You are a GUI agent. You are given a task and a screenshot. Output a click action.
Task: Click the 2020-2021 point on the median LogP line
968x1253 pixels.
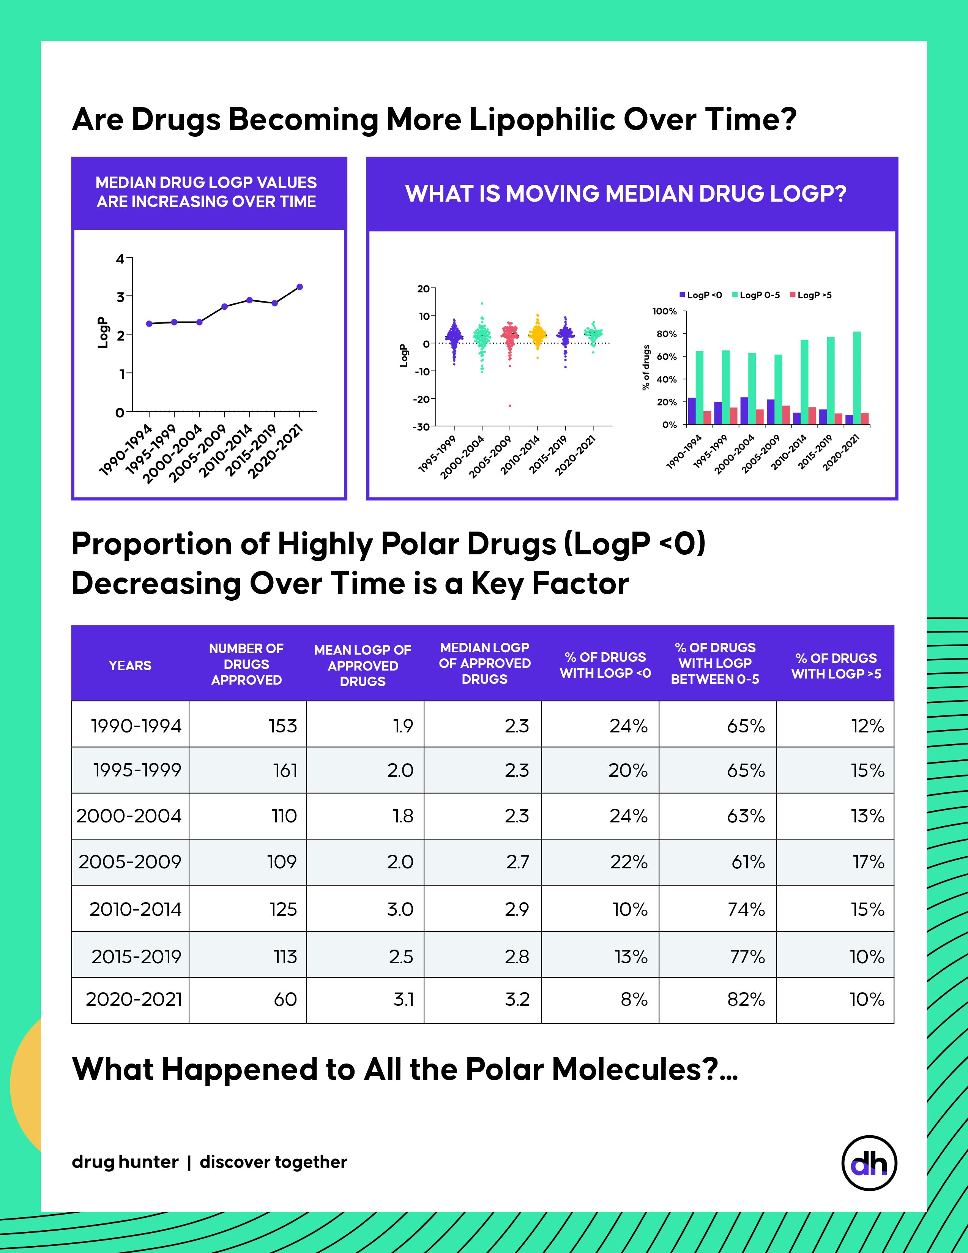[300, 287]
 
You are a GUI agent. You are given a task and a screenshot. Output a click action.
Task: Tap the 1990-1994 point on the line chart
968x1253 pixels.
[149, 324]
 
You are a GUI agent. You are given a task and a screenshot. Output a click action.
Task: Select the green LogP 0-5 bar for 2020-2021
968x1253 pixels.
[857, 378]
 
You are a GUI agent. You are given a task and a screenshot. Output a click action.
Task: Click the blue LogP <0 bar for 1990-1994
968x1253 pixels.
[692, 411]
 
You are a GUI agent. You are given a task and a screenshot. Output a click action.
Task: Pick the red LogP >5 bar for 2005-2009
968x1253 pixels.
[786, 415]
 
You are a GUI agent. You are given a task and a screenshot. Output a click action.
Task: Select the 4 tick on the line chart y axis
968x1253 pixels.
[120, 259]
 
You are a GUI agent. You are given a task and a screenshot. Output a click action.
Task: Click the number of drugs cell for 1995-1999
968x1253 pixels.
[285, 770]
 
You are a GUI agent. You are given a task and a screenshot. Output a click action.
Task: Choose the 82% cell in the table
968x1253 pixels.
[746, 999]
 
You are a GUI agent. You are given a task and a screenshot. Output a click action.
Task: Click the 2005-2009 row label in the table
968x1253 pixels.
[130, 862]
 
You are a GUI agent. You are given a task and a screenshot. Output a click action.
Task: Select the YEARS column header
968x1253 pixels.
[130, 666]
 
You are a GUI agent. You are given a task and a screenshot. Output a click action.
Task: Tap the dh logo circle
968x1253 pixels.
[869, 1163]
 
